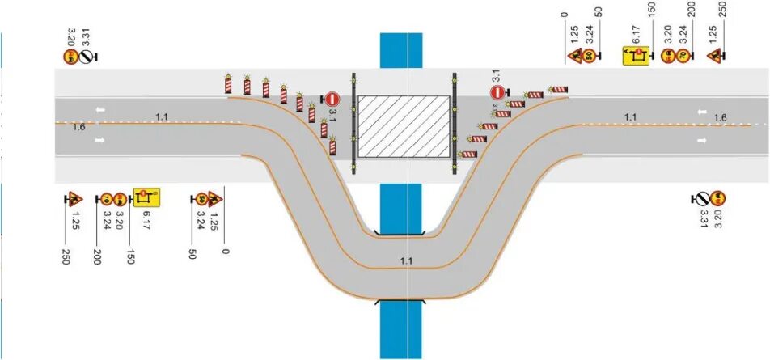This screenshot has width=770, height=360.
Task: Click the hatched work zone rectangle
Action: pos(404,126)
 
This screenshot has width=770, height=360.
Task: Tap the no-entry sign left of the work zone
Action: pos(332,98)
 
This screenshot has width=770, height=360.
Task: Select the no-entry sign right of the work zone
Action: pos(498,92)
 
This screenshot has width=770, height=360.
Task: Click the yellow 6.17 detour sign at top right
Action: pos(637,55)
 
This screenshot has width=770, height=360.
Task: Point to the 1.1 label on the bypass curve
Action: pos(406,260)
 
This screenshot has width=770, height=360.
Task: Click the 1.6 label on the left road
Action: pos(78,127)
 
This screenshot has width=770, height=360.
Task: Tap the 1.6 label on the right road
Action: pos(720,118)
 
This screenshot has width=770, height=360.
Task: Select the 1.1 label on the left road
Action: pos(162,117)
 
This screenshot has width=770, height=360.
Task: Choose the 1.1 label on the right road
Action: pos(631,117)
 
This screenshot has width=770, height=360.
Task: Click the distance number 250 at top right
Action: pos(722,10)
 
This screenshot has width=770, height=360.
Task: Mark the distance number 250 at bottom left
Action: pos(66,257)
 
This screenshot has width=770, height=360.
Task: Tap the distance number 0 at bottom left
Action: pos(226,252)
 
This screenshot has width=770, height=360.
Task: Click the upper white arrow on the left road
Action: pos(99,110)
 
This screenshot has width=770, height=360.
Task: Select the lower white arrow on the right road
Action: pos(702,140)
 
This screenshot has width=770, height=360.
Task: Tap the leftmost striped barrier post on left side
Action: pos(226,84)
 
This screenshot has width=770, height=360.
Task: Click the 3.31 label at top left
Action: pos(86,36)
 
